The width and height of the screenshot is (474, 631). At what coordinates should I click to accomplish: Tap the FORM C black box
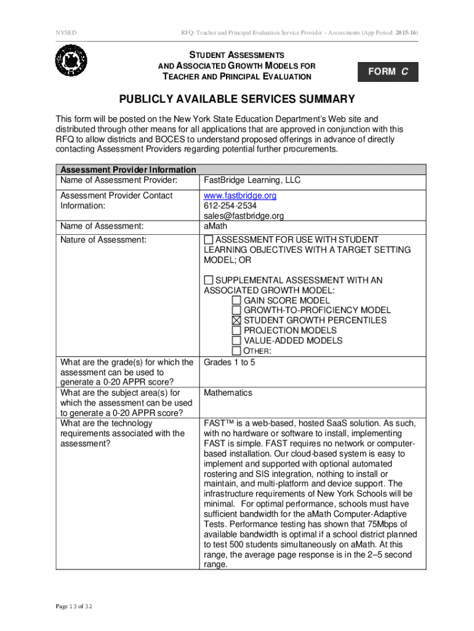(388, 71)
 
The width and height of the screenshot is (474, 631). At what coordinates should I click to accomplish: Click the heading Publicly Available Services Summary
(237, 99)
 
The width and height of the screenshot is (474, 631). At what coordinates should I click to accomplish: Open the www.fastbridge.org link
(240, 195)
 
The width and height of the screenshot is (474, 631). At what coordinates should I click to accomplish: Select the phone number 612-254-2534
(230, 205)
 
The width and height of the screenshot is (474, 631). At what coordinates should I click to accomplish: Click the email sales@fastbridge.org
(244, 216)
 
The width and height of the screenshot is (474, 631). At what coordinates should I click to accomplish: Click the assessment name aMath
(215, 226)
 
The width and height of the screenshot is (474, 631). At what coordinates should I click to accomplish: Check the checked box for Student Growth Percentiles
(237, 320)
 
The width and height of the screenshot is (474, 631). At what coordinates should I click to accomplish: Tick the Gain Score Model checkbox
(237, 301)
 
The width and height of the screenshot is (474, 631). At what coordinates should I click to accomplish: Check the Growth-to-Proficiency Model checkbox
(237, 311)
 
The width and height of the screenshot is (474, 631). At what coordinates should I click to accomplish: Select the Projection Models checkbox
(237, 330)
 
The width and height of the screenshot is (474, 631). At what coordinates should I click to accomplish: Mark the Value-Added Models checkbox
(237, 340)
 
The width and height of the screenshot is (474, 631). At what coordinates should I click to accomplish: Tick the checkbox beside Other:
(237, 351)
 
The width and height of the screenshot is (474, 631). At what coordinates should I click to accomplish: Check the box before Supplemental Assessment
(209, 280)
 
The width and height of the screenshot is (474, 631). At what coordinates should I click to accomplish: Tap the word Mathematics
(228, 393)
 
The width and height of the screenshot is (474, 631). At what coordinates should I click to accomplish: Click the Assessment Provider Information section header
(128, 169)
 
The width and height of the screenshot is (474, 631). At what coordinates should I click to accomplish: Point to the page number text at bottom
(74, 606)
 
